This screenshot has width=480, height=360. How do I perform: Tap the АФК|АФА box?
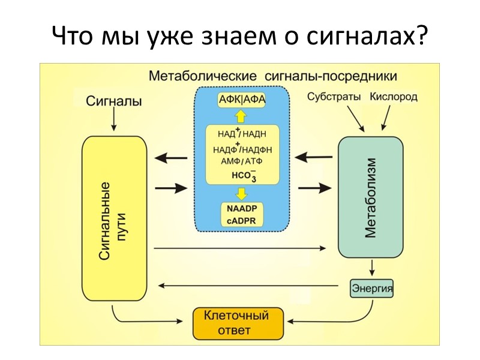click(242, 99)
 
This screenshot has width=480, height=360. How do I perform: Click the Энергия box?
click(372, 289)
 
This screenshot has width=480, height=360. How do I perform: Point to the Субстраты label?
click(334, 96)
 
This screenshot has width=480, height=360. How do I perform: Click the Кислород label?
click(394, 96)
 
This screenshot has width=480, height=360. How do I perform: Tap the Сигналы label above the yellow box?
click(114, 101)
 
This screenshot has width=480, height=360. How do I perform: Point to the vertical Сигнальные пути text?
click(113, 221)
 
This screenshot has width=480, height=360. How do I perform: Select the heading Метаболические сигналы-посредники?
click(273, 76)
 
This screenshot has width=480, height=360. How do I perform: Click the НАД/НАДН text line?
click(242, 134)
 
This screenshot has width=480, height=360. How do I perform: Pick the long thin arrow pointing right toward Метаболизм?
click(240, 248)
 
